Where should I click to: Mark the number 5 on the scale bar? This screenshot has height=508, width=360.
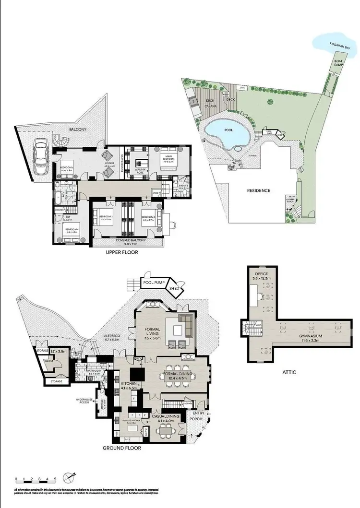[55, 479]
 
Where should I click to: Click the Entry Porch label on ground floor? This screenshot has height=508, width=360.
[198, 415]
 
